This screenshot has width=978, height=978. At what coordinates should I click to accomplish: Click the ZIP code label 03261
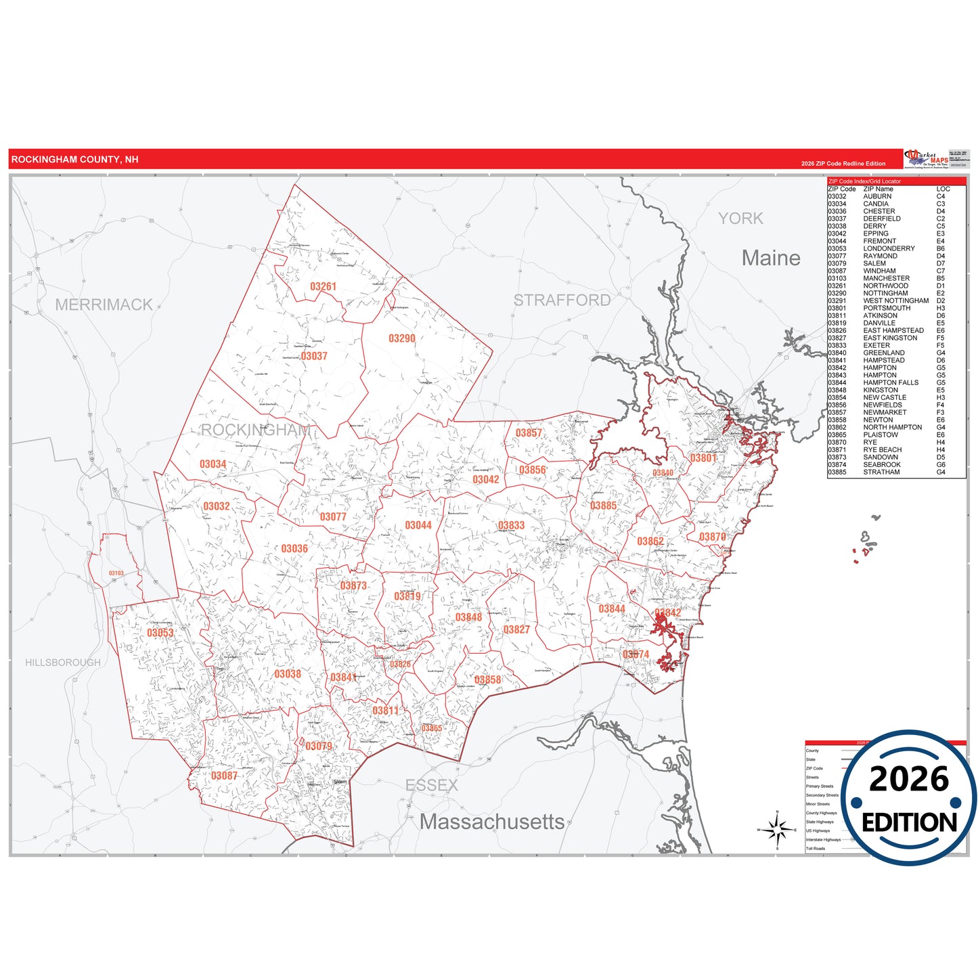pyautogui.click(x=323, y=286)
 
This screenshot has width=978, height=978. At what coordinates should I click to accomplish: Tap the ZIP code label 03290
pyautogui.click(x=401, y=338)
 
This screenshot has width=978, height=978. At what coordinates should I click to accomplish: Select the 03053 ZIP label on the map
pyautogui.click(x=160, y=633)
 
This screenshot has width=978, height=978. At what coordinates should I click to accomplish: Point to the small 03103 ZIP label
pyautogui.click(x=116, y=573)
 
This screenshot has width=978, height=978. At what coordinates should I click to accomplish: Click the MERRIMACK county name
pyautogui.click(x=104, y=305)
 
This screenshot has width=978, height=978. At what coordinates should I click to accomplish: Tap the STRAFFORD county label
pyautogui.click(x=562, y=300)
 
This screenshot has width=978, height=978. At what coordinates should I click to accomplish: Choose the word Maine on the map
pyautogui.click(x=770, y=258)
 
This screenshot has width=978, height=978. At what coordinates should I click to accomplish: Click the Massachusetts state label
pyautogui.click(x=491, y=822)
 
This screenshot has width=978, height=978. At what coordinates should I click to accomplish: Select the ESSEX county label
pyautogui.click(x=431, y=785)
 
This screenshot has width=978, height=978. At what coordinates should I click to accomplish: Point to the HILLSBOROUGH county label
pyautogui.click(x=63, y=663)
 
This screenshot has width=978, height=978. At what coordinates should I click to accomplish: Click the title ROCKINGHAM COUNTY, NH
pyautogui.click(x=74, y=160)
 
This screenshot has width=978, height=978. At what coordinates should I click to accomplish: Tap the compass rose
pyautogui.click(x=777, y=829)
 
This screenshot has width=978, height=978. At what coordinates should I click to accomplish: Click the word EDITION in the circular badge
pyautogui.click(x=909, y=822)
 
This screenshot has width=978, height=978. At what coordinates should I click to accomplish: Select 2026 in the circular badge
pyautogui.click(x=909, y=779)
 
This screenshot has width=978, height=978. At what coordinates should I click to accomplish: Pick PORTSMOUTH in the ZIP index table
pyautogui.click(x=886, y=308)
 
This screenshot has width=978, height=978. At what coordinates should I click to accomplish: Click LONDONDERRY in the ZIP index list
pyautogui.click(x=888, y=248)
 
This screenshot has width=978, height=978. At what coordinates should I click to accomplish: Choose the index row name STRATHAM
pyautogui.click(x=881, y=472)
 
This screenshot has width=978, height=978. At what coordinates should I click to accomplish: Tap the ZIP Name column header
pyautogui.click(x=878, y=189)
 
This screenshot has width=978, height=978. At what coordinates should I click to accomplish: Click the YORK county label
pyautogui.click(x=740, y=219)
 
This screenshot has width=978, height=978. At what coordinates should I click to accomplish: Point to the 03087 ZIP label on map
pyautogui.click(x=224, y=776)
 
